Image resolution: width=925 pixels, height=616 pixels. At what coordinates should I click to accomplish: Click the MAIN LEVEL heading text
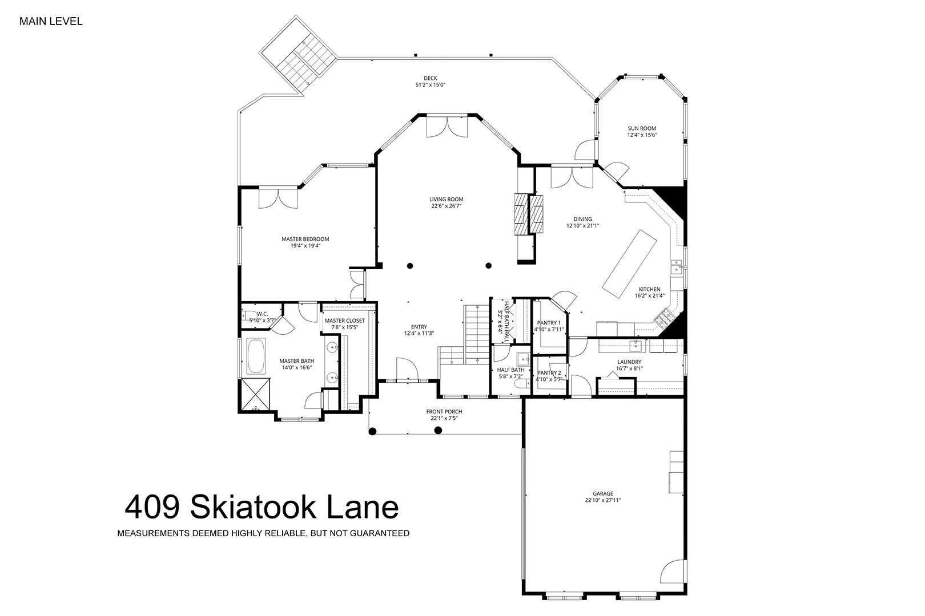51,22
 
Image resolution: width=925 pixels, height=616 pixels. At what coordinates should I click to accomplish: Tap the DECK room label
431,78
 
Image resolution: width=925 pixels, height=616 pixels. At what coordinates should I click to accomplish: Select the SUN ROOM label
642,128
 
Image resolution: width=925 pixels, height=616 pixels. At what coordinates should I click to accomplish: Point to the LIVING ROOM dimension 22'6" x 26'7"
447,206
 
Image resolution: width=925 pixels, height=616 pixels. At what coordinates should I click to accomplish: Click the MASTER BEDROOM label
305,239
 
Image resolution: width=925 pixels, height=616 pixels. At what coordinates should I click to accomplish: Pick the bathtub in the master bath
256,356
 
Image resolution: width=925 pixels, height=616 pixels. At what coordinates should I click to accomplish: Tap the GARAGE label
603,493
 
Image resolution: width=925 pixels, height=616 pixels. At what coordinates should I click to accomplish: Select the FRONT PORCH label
444,411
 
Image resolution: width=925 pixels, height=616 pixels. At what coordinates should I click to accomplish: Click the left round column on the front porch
372,432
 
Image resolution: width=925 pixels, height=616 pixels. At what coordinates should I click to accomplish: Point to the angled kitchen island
629,264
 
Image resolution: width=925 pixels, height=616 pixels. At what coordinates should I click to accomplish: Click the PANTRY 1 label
549,323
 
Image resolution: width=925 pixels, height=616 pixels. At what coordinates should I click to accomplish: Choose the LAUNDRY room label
629,362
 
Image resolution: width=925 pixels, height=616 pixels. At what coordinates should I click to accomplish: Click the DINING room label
582,219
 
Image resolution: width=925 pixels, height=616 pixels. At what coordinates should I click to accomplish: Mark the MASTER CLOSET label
345,321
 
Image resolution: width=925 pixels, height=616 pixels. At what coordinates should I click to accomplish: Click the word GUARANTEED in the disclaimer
380,533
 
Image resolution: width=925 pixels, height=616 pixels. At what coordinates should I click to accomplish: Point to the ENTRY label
419,327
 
